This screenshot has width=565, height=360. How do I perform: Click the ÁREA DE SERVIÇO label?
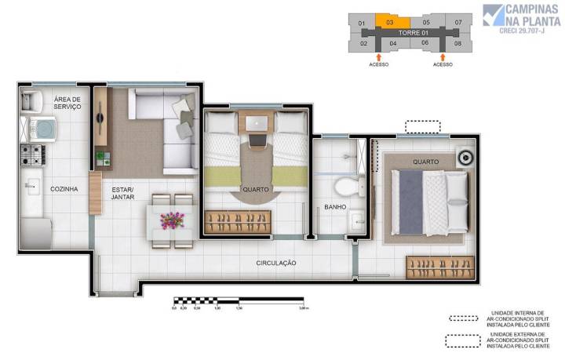(x=67, y=103)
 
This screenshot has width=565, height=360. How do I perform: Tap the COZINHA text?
(x=64, y=188)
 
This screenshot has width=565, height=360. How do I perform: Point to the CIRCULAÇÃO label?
(x=275, y=263)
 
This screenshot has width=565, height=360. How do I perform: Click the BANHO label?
(x=336, y=208)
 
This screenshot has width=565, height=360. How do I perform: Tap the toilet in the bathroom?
(x=345, y=186)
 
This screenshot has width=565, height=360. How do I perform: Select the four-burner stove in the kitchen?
(x=32, y=155)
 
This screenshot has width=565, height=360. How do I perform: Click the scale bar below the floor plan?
(x=238, y=300)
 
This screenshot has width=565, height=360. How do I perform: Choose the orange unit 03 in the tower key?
(x=390, y=23)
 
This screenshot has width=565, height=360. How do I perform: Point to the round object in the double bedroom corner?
(x=465, y=157)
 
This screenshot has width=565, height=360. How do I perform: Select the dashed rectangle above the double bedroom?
(x=423, y=126)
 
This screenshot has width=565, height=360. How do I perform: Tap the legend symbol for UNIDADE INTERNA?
(x=464, y=319)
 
